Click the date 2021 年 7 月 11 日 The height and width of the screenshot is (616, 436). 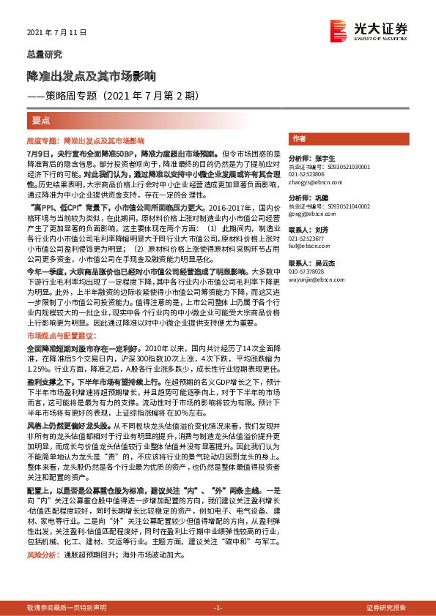pos(56,33)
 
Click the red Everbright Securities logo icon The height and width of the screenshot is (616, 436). pos(339,30)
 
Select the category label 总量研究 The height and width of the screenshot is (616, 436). pos(45,54)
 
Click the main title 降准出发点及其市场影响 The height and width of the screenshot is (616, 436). pos(91,75)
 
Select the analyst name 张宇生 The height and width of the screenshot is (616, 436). pos(323,158)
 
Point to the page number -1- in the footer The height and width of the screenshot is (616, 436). pos(218,608)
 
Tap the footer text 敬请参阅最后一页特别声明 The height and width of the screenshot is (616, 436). pos(67,608)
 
